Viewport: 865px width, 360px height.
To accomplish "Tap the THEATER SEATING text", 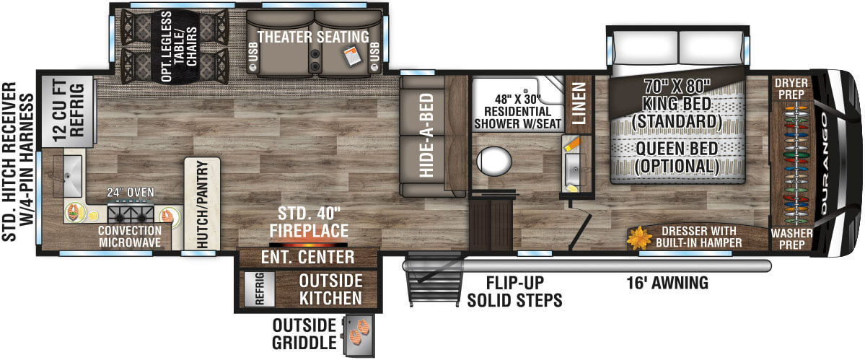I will point(313,36).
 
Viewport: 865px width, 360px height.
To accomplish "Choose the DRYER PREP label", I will point(791,89).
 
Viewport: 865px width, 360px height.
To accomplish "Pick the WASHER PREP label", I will point(791,239).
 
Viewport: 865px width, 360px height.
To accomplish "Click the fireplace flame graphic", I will point(309,242).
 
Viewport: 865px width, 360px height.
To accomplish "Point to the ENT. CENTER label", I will point(308,258).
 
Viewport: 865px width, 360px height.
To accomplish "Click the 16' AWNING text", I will point(667,283).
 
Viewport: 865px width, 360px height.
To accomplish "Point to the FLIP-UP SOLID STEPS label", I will point(513,291).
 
